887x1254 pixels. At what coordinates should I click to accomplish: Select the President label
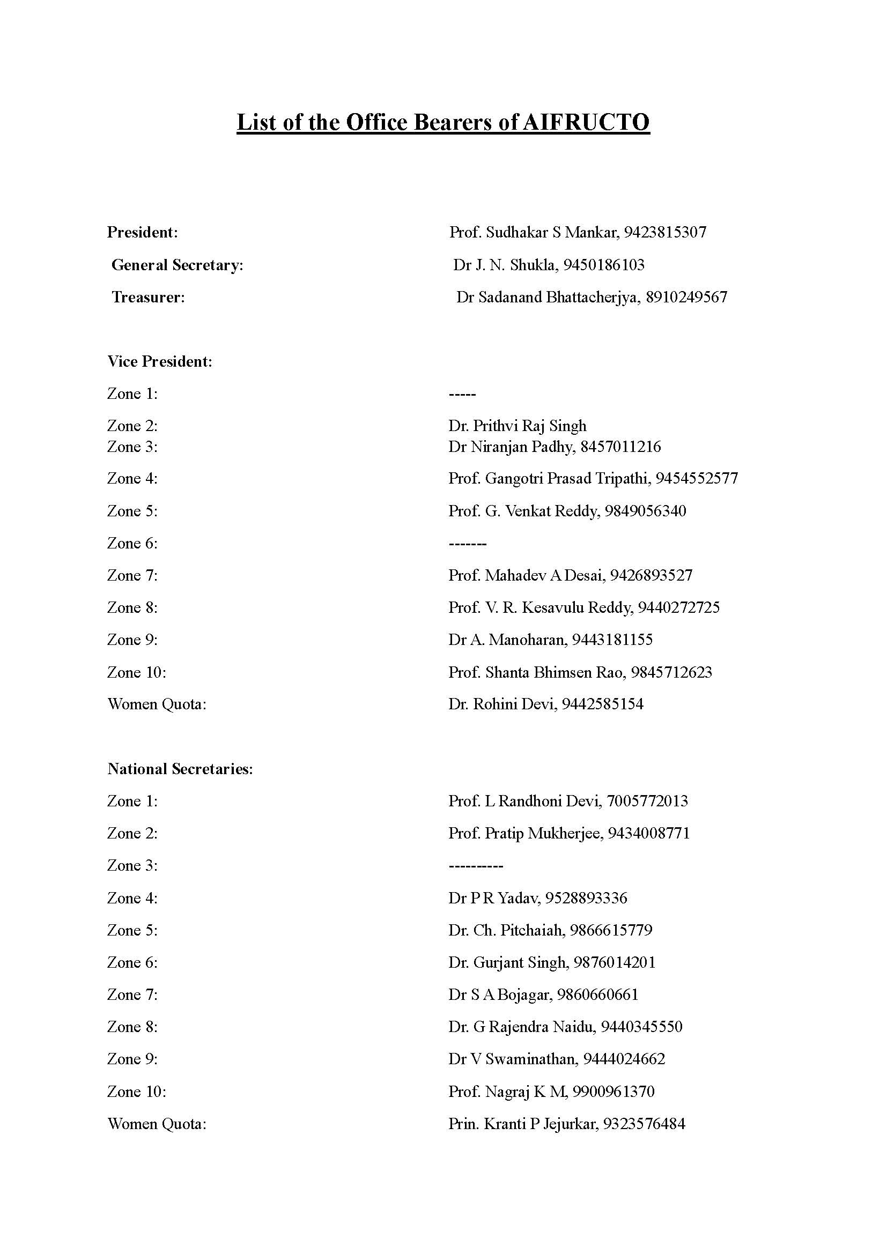coord(143,233)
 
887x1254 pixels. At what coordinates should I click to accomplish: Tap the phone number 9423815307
coord(665,233)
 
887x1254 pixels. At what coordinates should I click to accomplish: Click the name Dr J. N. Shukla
coord(504,265)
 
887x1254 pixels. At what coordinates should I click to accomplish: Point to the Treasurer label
coord(149,298)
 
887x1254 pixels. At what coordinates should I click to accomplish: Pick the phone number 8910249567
coord(686,298)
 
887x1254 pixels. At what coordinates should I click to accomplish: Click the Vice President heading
coord(159,361)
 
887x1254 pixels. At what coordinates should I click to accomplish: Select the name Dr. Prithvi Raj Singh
coord(517,426)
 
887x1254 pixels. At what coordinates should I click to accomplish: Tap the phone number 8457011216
coord(621,447)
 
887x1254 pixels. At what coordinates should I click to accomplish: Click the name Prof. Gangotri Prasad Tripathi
coord(550,479)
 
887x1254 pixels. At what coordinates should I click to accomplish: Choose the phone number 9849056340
coord(646,511)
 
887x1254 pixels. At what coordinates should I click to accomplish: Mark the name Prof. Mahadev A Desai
coord(527,576)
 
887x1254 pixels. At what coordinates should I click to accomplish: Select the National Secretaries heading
coord(180,769)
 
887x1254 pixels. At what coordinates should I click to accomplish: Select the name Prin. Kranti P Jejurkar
coord(523,1124)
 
